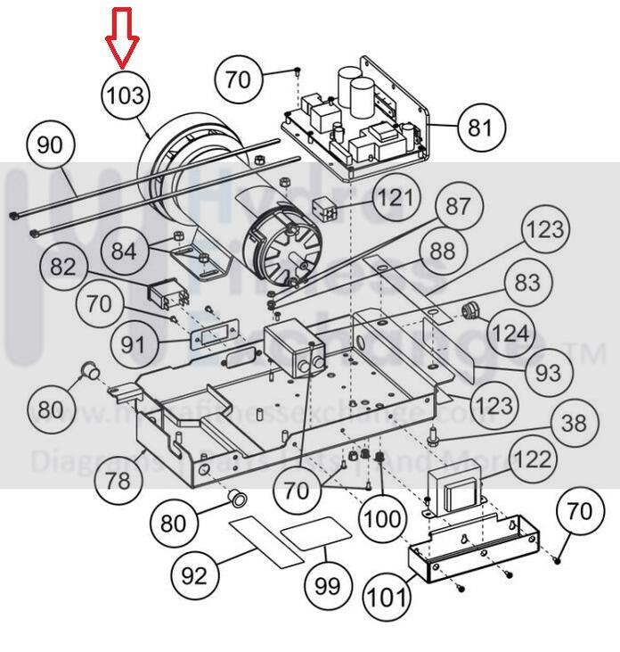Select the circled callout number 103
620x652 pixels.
(x=125, y=94)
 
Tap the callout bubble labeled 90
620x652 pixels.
(x=52, y=144)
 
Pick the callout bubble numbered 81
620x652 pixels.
(x=479, y=128)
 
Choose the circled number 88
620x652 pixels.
(x=442, y=252)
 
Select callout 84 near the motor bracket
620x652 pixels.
(x=125, y=252)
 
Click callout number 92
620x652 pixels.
(x=193, y=575)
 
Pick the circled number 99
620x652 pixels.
(x=327, y=586)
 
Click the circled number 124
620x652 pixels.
(x=510, y=334)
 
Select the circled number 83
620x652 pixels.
(x=527, y=284)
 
